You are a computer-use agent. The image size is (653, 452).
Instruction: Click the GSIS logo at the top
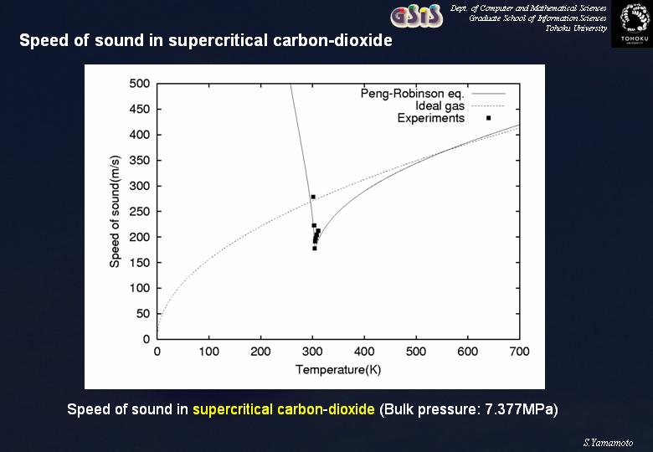tap(416, 16)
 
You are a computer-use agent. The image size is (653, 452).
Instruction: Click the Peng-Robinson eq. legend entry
tap(412, 93)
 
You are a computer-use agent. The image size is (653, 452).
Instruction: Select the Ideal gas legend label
tap(440, 105)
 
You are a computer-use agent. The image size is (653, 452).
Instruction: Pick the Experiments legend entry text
tap(430, 118)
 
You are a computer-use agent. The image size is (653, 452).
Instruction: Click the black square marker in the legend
tap(489, 118)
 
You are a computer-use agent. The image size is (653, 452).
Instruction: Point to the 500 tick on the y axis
tap(140, 84)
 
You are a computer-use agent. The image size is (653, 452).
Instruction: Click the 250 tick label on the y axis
tap(140, 212)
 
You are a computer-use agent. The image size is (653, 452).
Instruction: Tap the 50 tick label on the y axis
tap(143, 314)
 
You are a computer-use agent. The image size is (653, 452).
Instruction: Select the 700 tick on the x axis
tap(519, 352)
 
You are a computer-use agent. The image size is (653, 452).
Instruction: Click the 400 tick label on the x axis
tap(364, 352)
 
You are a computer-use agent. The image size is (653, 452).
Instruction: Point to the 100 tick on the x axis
tap(208, 352)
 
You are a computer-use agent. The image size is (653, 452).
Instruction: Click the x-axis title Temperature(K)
tap(338, 370)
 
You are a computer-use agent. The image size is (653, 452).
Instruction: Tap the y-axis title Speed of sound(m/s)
tap(115, 212)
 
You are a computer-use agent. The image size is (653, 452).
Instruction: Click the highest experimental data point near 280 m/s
tap(313, 197)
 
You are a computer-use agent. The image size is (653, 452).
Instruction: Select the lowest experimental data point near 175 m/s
tap(315, 249)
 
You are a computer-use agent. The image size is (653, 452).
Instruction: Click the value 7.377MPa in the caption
tap(519, 409)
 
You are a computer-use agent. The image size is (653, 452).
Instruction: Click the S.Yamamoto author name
tap(608, 443)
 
